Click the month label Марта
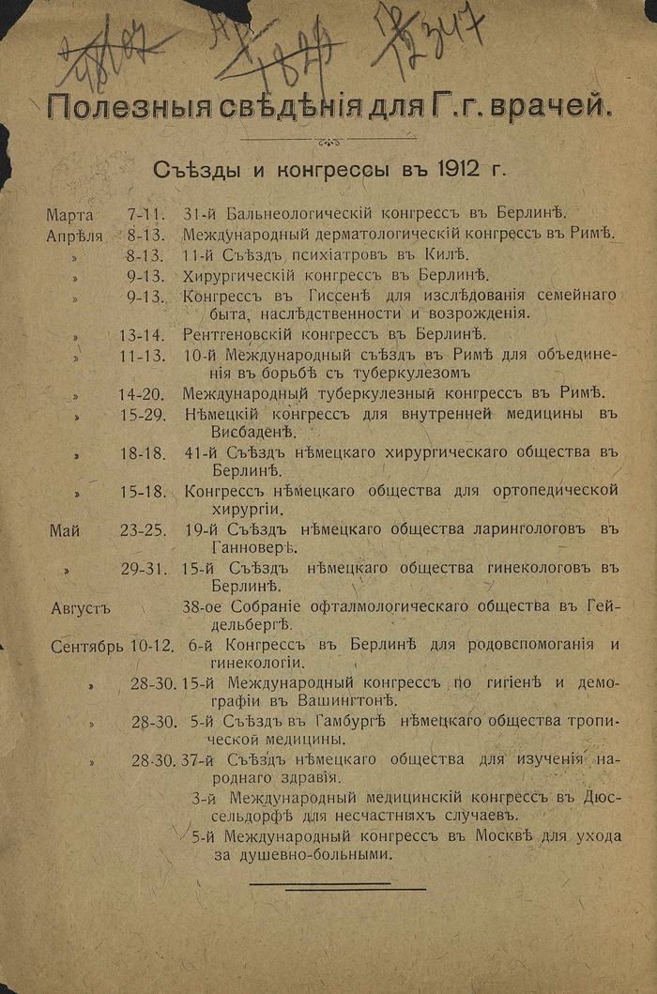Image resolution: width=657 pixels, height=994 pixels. point(70,215)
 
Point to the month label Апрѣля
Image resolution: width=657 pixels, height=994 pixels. point(74,235)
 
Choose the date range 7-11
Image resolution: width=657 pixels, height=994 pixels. point(146,215)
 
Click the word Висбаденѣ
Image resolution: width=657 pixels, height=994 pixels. point(239,433)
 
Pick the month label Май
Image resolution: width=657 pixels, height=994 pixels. point(65,531)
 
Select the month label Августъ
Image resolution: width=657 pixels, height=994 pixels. point(81,607)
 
